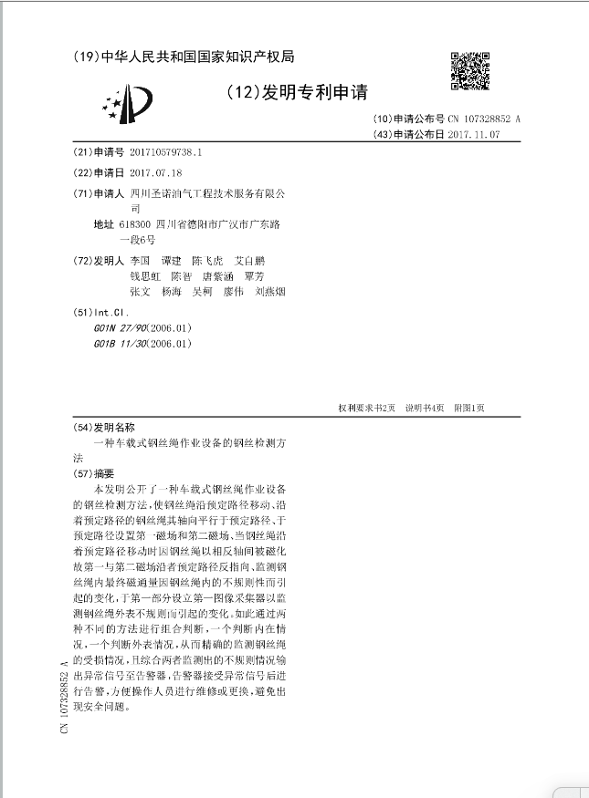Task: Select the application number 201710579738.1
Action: (x=165, y=152)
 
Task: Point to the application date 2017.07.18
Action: (x=156, y=173)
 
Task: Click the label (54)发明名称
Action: (x=102, y=427)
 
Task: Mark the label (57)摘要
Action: (x=93, y=473)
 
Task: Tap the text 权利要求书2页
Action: (x=366, y=408)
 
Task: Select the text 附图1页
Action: (x=469, y=408)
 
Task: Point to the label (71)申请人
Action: (x=98, y=194)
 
